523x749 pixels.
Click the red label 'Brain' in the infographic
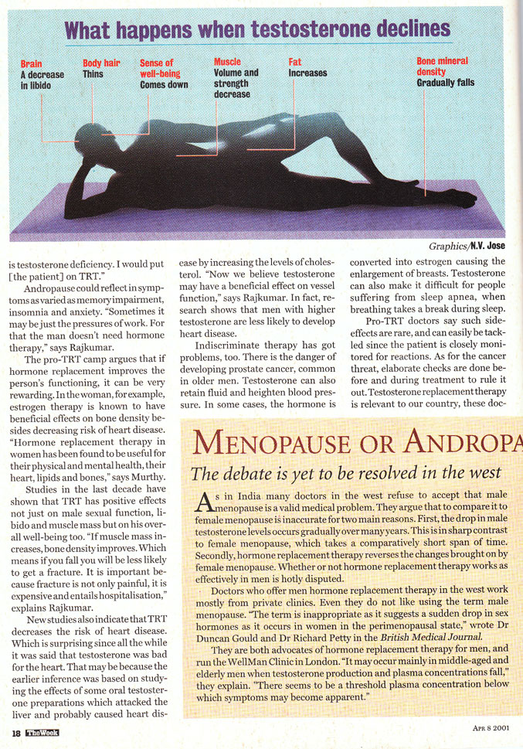(x=32, y=63)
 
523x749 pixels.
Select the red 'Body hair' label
(x=101, y=63)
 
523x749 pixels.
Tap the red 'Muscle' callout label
(x=227, y=62)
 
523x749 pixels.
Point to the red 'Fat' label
(x=295, y=62)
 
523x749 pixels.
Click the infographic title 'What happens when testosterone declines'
(x=257, y=29)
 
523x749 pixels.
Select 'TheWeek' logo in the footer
(x=42, y=732)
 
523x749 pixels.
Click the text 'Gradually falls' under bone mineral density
(x=446, y=83)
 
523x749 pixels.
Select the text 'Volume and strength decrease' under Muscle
(x=236, y=83)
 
